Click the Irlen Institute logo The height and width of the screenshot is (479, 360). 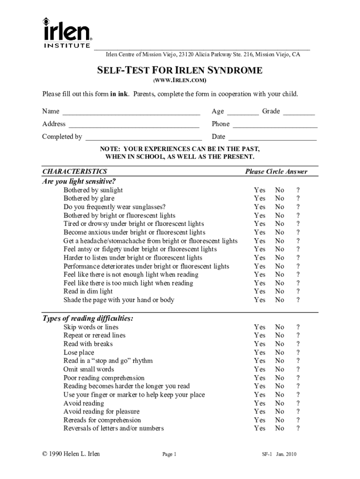point(66,33)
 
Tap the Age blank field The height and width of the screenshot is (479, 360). point(243,112)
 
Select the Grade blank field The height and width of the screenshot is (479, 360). point(299,112)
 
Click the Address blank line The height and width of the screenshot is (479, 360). point(134,124)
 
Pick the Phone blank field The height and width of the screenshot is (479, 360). point(275,124)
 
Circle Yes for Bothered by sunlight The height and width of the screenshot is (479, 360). point(259,190)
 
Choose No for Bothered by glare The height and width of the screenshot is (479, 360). point(280,199)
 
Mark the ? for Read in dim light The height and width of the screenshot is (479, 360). point(298,291)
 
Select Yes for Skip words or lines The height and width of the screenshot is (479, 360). point(259,327)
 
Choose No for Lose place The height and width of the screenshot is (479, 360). point(280,353)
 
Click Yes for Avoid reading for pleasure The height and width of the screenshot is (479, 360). point(259,412)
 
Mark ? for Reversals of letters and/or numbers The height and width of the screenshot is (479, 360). point(298,428)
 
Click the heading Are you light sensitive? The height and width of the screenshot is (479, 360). point(79,181)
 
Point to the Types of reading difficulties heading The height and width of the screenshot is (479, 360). point(88,319)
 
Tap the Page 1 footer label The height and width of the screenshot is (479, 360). point(169,454)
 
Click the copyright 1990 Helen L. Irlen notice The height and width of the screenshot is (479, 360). point(71,454)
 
